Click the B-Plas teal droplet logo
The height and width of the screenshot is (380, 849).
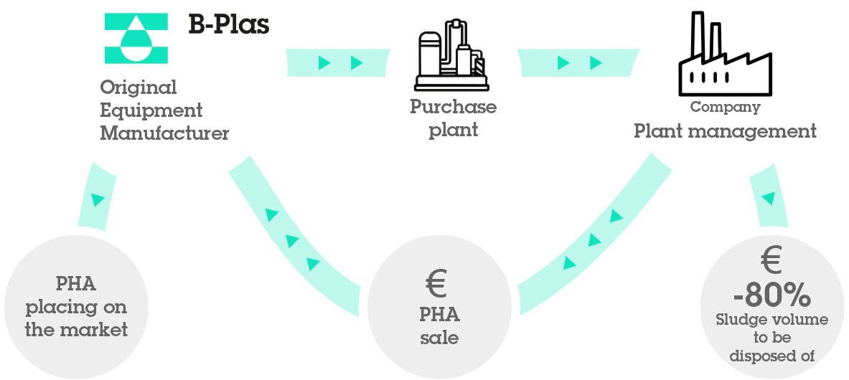[136, 37]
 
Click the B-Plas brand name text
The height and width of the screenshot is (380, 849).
[229, 25]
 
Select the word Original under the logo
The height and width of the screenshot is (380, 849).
[138, 87]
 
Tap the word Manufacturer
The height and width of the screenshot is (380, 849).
[164, 133]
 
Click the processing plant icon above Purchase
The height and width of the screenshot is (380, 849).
[453, 54]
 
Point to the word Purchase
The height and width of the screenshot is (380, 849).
[453, 107]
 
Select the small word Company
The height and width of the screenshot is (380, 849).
[725, 108]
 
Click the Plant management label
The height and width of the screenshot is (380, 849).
[725, 131]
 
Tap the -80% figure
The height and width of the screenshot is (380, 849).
[771, 295]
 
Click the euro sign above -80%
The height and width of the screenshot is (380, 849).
[771, 261]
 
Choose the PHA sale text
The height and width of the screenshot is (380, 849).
[439, 326]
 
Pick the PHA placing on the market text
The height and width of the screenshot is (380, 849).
[76, 308]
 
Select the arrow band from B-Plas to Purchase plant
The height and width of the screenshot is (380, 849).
[337, 63]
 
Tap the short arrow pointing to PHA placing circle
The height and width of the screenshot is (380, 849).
[97, 197]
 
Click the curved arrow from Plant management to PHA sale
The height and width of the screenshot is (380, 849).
[593, 240]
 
